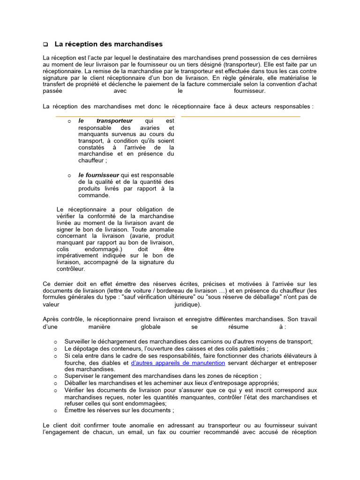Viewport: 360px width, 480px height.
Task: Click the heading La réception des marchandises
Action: [108, 44]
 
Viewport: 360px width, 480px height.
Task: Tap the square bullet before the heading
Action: [45, 45]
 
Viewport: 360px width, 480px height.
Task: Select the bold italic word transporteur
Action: [114, 121]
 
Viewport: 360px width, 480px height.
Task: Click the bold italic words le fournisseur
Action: [99, 175]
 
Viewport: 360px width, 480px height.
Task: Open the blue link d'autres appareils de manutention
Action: [178, 363]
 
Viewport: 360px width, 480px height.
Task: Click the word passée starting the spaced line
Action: [52, 91]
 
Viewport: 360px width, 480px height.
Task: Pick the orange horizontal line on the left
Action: [115, 116]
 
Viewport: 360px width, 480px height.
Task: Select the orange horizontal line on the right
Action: [240, 116]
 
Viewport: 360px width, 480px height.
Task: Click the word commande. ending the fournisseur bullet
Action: [94, 195]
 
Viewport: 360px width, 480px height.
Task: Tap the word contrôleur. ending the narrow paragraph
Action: [71, 269]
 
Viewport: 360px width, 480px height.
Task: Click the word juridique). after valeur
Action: [187, 304]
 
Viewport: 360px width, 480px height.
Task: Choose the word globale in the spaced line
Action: [150, 326]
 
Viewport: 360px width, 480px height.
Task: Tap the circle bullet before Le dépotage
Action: [55, 349]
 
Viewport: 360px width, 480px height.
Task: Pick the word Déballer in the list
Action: [76, 383]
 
